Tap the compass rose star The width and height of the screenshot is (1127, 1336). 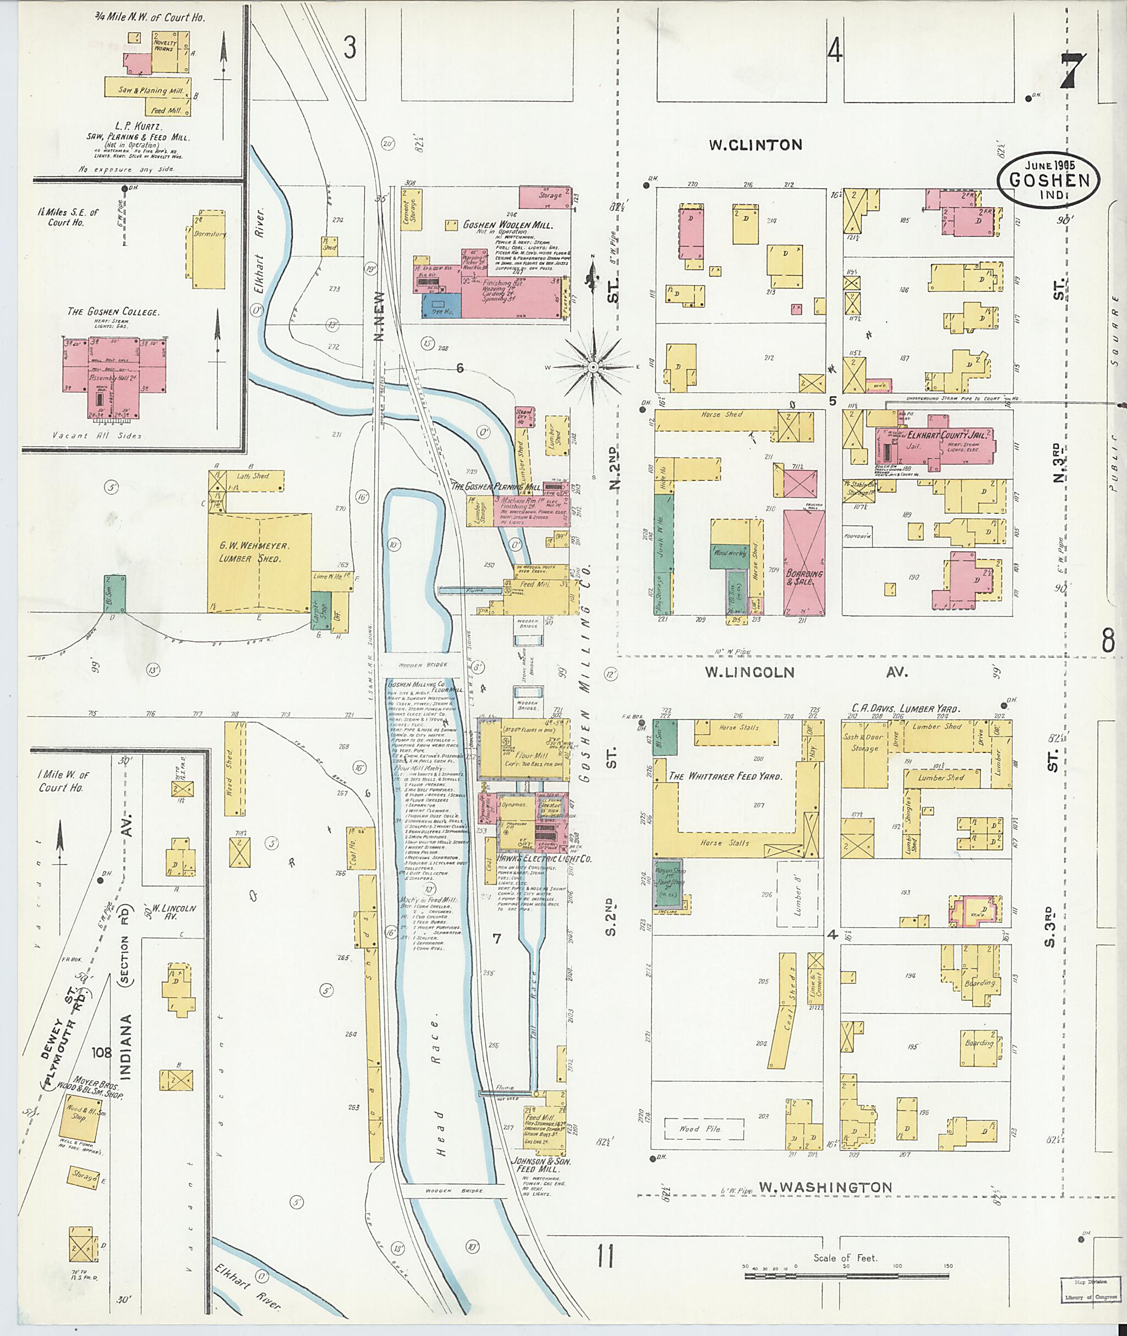coord(593,367)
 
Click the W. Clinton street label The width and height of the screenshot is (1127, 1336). coord(755,145)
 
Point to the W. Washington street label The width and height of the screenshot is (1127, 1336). coord(825,1187)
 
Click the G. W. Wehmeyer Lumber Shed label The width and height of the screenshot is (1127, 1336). coord(254,552)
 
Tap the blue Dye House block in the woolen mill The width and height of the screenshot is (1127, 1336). coord(441,305)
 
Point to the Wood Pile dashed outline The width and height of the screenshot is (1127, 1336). coord(703,1129)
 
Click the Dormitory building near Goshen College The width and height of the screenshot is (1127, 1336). coord(209,250)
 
